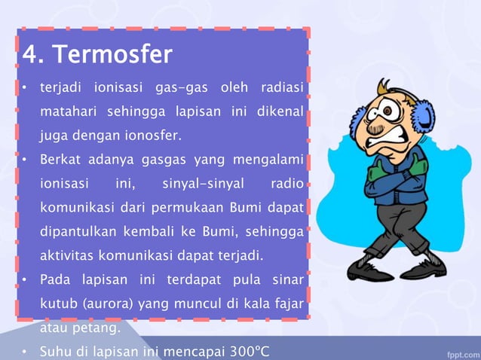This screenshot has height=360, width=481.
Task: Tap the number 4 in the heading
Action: (29, 55)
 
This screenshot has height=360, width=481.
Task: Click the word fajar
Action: (289, 304)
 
